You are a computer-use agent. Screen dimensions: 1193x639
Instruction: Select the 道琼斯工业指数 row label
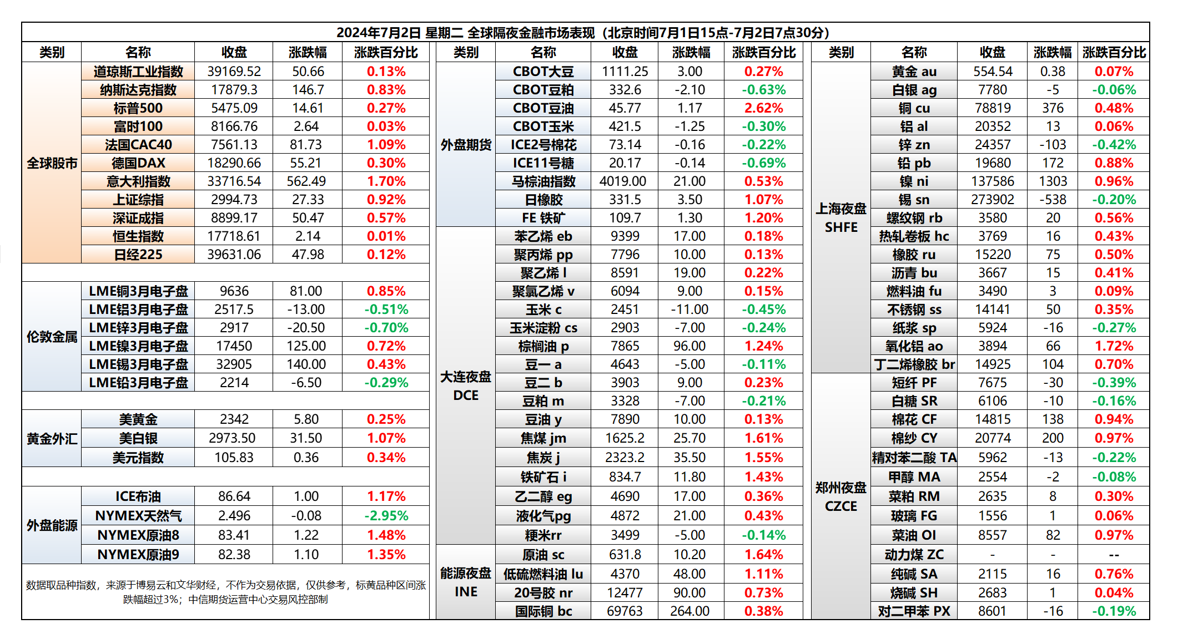pyautogui.click(x=138, y=72)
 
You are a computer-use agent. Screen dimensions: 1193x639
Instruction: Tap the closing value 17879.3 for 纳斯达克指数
pyautogui.click(x=234, y=90)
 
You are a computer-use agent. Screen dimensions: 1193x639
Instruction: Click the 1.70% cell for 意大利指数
pyautogui.click(x=386, y=181)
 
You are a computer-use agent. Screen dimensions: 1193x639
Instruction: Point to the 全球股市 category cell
pyautogui.click(x=52, y=164)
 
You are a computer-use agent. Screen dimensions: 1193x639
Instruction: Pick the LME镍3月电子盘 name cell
pyautogui.click(x=138, y=346)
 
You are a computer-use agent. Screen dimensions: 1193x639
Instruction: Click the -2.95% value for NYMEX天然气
pyautogui.click(x=386, y=516)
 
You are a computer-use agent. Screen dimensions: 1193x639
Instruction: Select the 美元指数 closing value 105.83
pyautogui.click(x=234, y=458)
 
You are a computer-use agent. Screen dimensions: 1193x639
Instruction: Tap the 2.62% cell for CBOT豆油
pyautogui.click(x=764, y=108)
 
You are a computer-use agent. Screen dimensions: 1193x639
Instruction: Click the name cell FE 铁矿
pyautogui.click(x=543, y=218)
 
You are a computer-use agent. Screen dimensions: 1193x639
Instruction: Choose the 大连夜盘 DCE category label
pyautogui.click(x=466, y=386)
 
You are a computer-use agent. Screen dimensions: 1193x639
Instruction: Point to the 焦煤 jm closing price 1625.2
pyautogui.click(x=625, y=438)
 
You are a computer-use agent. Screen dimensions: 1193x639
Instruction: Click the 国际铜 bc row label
pyautogui.click(x=543, y=611)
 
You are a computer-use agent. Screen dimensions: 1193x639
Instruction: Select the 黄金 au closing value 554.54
pyautogui.click(x=993, y=72)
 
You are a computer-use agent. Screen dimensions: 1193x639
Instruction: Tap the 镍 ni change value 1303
pyautogui.click(x=1053, y=181)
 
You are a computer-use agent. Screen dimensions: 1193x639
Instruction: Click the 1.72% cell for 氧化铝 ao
pyautogui.click(x=1114, y=346)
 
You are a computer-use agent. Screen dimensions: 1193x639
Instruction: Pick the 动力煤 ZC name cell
pyautogui.click(x=914, y=555)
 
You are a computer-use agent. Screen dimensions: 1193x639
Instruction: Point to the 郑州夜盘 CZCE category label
pyautogui.click(x=841, y=497)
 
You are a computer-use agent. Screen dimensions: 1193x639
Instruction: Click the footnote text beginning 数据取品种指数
pyautogui.click(x=225, y=592)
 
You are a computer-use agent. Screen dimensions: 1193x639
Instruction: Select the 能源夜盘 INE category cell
pyautogui.click(x=466, y=582)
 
